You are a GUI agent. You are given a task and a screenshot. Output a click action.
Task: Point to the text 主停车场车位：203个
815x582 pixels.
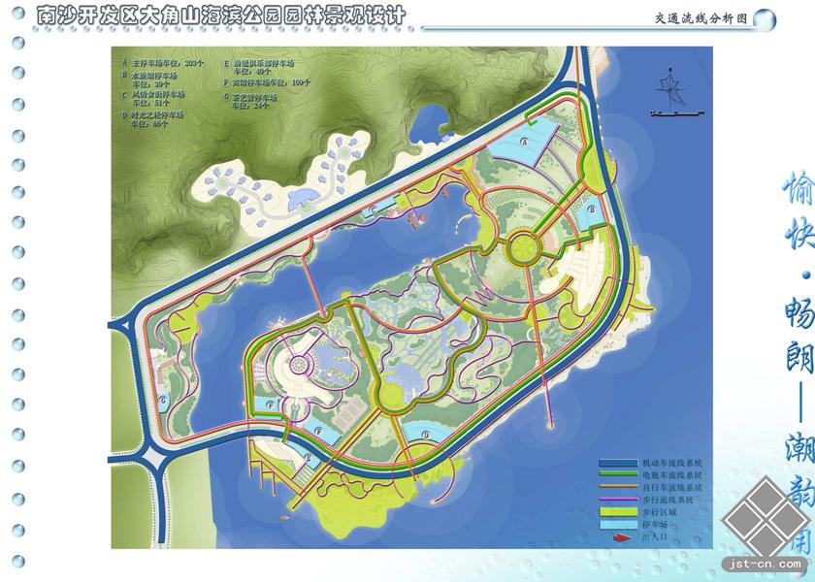click(x=169, y=62)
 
